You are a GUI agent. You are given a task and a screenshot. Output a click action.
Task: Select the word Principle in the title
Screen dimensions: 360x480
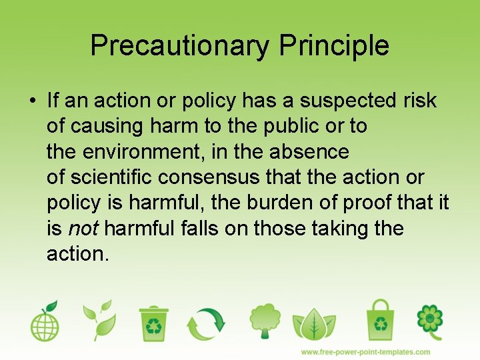[335, 45]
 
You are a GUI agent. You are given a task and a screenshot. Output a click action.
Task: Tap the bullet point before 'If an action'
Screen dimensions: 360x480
[32, 101]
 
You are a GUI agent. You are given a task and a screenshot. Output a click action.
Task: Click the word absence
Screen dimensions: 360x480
[309, 151]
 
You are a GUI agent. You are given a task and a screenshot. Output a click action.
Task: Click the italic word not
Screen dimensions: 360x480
[83, 229]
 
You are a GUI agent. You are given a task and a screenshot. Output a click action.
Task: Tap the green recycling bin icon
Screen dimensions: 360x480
[153, 322]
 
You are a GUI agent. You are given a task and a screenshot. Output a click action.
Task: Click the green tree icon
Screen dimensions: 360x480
[265, 321]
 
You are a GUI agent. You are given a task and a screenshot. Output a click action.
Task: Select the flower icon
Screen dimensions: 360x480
[430, 321]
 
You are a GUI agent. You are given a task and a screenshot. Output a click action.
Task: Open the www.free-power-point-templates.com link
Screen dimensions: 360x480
[365, 351]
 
